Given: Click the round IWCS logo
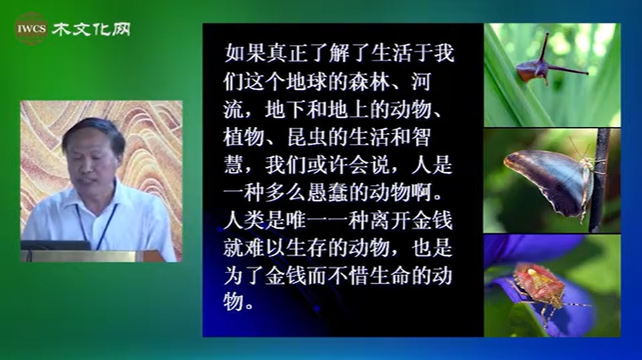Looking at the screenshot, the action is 31,29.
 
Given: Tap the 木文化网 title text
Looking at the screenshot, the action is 91,29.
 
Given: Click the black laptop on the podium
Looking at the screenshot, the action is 56,245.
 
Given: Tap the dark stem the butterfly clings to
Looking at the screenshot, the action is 598,180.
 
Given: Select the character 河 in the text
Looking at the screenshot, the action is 421,82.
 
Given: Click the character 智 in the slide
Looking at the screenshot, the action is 421,137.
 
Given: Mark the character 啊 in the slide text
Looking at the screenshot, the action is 422,193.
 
